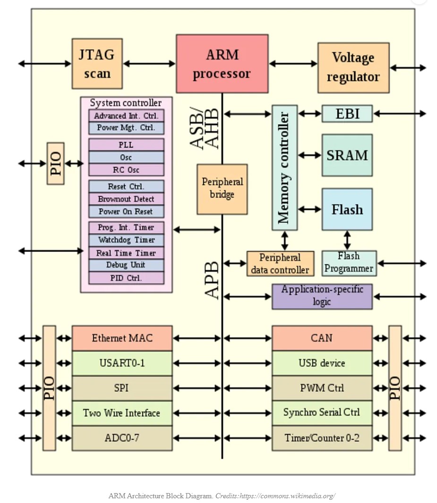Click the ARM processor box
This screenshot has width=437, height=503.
[222, 63]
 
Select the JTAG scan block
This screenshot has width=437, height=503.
[97, 63]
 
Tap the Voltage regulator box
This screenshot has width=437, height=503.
[353, 67]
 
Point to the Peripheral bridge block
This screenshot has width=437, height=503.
[222, 189]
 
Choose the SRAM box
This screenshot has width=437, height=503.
[347, 155]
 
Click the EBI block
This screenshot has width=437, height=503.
[347, 114]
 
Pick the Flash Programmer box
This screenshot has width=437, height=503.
[349, 263]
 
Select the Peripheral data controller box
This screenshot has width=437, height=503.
[280, 263]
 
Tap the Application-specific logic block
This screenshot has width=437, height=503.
[322, 296]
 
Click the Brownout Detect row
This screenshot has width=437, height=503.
[126, 199]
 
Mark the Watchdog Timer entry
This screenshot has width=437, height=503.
[126, 240]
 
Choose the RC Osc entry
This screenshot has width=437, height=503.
[126, 170]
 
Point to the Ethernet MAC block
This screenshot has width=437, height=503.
[122, 338]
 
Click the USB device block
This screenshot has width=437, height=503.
[322, 363]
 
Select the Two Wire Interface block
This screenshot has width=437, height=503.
[122, 413]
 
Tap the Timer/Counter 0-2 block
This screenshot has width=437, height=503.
[322, 438]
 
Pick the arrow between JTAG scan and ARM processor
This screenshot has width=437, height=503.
[149, 63]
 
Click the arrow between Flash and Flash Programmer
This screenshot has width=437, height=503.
[347, 240]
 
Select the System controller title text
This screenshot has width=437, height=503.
[126, 103]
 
